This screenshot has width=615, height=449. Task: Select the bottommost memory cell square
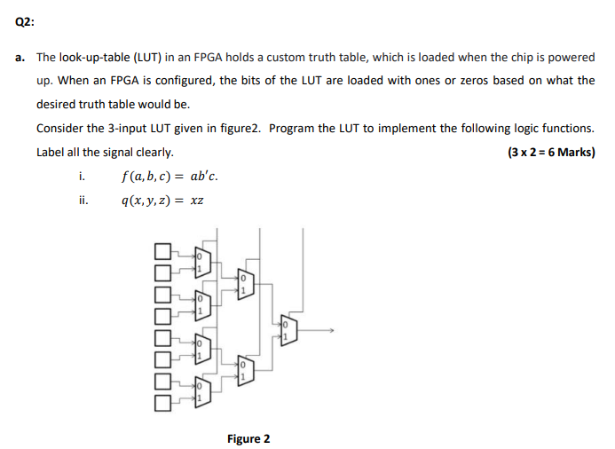162,404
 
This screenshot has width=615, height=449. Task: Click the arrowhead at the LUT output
331,330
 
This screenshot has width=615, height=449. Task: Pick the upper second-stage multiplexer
246,283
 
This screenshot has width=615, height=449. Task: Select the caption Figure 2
248,438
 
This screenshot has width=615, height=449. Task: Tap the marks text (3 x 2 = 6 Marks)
550,152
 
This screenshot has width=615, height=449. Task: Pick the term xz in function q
197,201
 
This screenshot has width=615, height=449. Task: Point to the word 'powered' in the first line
571,57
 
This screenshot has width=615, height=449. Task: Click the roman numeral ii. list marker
83,201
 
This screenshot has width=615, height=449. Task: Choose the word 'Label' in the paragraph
51,152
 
